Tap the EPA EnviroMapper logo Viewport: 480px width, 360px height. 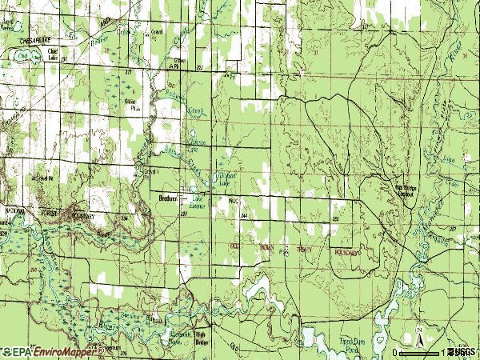pyautogui.click(x=53, y=351)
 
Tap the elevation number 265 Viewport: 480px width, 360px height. pyautogui.click(x=335, y=218)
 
